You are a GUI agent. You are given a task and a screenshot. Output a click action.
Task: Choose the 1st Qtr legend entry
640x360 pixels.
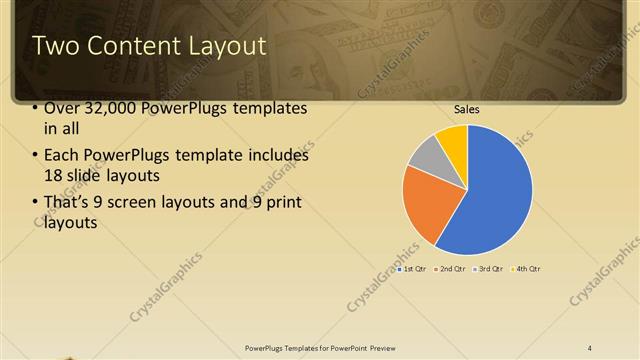[412, 268]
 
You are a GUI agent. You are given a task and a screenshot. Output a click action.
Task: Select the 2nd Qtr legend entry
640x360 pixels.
[449, 268]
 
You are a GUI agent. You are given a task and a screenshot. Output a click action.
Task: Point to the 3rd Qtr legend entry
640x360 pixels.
[487, 268]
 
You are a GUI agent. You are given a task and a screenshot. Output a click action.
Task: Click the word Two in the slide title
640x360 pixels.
[53, 46]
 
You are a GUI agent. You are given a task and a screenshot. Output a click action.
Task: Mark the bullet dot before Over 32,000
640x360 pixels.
[35, 108]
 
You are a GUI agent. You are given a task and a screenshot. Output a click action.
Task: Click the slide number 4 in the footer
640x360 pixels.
[589, 347]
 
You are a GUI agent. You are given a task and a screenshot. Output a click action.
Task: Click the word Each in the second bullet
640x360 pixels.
[61, 155]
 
